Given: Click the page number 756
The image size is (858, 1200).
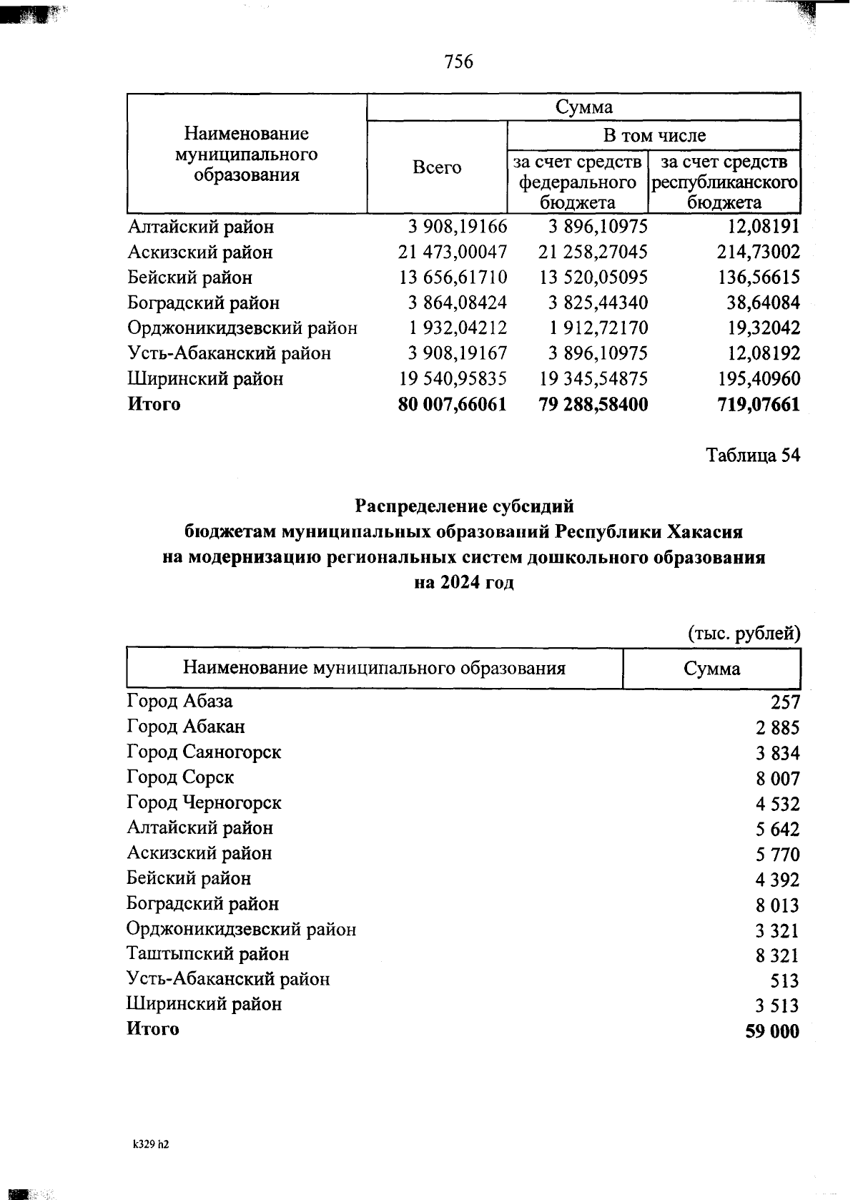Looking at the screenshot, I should pos(458,62).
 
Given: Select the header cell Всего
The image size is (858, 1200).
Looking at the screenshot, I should pos(437,167).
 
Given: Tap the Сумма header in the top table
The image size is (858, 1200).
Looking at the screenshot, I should pos(583,107).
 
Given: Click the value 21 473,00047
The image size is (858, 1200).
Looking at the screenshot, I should pos(452,252).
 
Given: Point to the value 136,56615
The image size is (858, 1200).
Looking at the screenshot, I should pos(759,277).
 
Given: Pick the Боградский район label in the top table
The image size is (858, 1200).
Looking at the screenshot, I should pos(203,303).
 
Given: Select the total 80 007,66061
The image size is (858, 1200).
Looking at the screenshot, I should pos(452,405).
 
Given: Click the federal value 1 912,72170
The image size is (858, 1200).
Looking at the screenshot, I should pos(598,328).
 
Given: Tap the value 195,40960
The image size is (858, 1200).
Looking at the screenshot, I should pos(759,379).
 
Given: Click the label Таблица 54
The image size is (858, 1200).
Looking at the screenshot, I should pos(752,456).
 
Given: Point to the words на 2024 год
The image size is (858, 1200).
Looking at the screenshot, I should pos(464,583).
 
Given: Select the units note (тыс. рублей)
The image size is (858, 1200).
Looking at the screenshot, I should pos(744,633).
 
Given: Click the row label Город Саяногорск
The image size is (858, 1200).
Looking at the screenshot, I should pos(204,752).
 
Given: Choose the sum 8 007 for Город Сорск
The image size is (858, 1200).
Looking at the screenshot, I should pos(778,779).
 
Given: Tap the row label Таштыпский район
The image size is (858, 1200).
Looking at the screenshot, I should pos(207,954).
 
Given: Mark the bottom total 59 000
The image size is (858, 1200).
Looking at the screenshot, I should pos(772,1032).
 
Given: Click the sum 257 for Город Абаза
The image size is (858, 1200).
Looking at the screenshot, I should pos(785,703).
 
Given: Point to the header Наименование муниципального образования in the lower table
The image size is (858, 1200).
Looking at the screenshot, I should pos(374,669).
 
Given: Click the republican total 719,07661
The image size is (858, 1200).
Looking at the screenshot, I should pos(759,405).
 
